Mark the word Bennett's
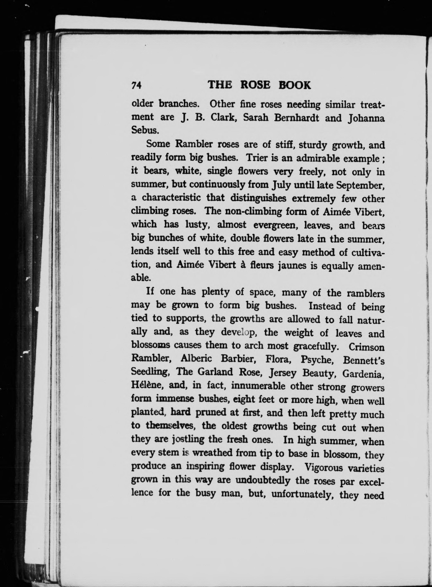[x=363, y=361]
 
